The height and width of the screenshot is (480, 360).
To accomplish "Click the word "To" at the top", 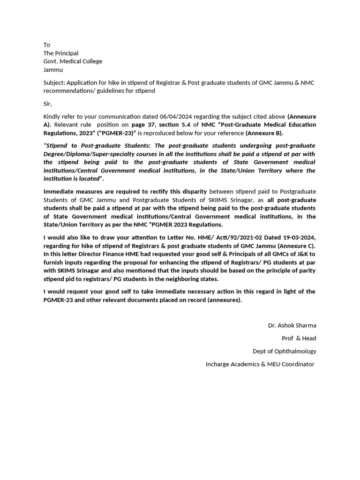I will (47, 45).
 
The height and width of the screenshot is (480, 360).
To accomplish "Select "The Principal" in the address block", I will (61, 53).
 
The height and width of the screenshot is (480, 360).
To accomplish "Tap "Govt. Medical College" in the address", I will (73, 61).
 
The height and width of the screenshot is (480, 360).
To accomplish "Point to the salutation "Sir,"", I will (48, 104).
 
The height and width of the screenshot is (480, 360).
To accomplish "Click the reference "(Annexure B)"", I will (264, 133).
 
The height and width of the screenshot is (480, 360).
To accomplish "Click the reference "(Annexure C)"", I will (296, 246).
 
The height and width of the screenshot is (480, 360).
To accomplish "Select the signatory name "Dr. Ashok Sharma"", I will (292, 325).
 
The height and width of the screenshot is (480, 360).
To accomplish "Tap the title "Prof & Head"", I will (299, 338).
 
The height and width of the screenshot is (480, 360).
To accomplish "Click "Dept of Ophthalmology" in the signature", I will (285, 351).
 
